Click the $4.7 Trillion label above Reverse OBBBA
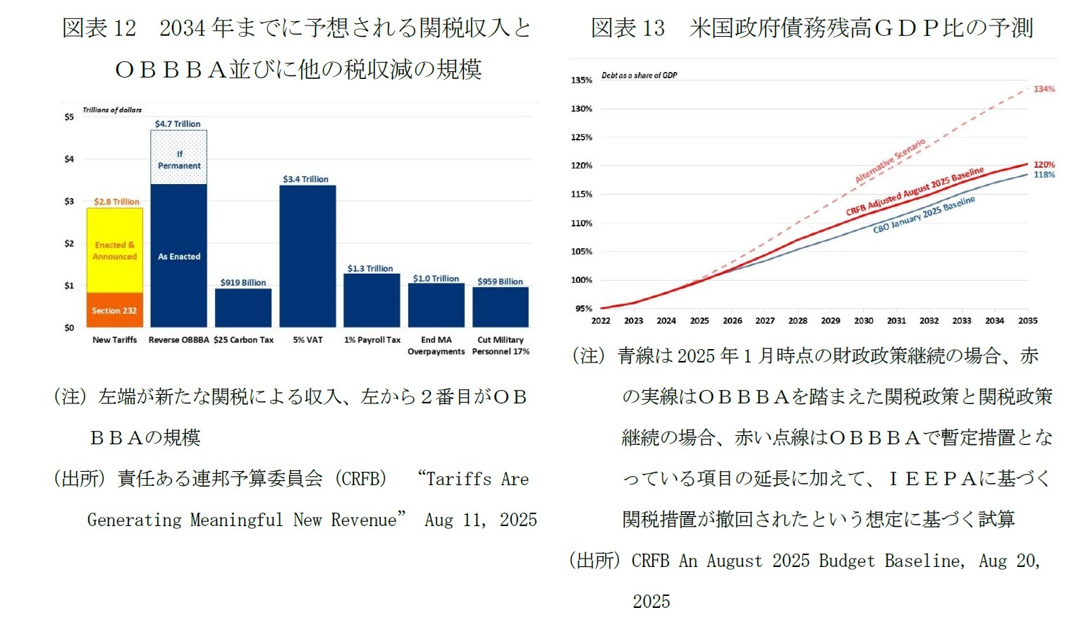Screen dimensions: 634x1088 pyautogui.click(x=178, y=123)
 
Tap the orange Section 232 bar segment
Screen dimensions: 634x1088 pyautogui.click(x=114, y=310)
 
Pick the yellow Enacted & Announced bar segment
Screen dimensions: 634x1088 pyautogui.click(x=114, y=250)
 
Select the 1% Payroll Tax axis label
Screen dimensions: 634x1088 pyautogui.click(x=372, y=340)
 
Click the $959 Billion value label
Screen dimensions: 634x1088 pyautogui.click(x=500, y=281)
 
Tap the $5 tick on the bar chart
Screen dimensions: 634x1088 pyautogui.click(x=69, y=117)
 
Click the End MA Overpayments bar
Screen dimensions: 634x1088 pyautogui.click(x=436, y=305)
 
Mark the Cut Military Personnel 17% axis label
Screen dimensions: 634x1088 pyautogui.click(x=501, y=346)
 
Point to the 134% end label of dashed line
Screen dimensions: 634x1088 pyautogui.click(x=1044, y=89)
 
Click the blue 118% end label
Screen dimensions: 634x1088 pyautogui.click(x=1044, y=175)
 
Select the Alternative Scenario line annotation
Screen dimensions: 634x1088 pyautogui.click(x=890, y=161)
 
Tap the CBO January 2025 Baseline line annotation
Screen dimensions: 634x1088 pyautogui.click(x=924, y=215)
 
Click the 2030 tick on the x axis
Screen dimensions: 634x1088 pyautogui.click(x=863, y=321)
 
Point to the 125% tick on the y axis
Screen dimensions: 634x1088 pyautogui.click(x=581, y=138)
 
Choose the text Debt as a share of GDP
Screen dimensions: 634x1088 pyautogui.click(x=639, y=75)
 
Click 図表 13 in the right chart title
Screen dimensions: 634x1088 pyautogui.click(x=628, y=28)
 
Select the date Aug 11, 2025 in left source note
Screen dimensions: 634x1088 pyautogui.click(x=480, y=520)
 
